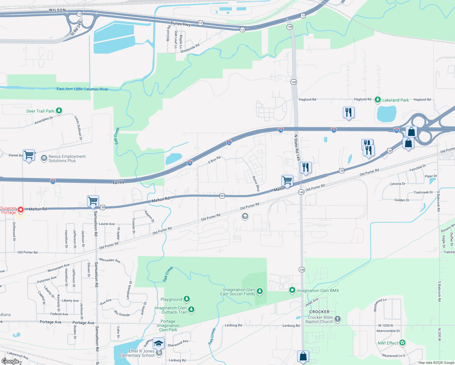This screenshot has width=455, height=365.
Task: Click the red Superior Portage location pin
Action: tap(20, 210)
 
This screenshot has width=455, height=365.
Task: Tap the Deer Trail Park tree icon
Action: tap(59, 111)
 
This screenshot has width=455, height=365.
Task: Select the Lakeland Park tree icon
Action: tap(377, 99)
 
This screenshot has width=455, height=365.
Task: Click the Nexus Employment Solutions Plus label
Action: tap(67, 158)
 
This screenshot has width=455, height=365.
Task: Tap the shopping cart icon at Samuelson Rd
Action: tap(93, 201)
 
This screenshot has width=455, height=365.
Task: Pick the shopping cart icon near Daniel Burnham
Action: tap(29, 155)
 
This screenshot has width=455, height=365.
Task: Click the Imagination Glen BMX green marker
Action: tap(292, 290)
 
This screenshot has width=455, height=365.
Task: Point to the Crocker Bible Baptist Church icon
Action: tap(337, 319)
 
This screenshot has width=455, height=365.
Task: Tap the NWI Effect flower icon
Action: tap(402, 343)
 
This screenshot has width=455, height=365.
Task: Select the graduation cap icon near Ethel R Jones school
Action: tap(158, 343)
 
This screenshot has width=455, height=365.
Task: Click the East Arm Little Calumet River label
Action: tap(82, 89)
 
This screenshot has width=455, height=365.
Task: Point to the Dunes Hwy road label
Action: tap(180, 23)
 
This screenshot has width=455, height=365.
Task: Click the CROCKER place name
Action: tap(319, 312)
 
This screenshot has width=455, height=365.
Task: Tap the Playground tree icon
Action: tap(187, 299)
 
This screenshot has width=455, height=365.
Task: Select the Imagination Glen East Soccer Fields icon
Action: tap(259, 291)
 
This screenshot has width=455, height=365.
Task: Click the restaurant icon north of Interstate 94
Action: tap(349, 112)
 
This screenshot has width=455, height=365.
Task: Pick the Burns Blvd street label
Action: tap(256, 183)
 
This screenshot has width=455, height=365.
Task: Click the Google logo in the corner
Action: tap(10, 361)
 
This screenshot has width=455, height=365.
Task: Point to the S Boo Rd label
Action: tap(214, 160)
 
